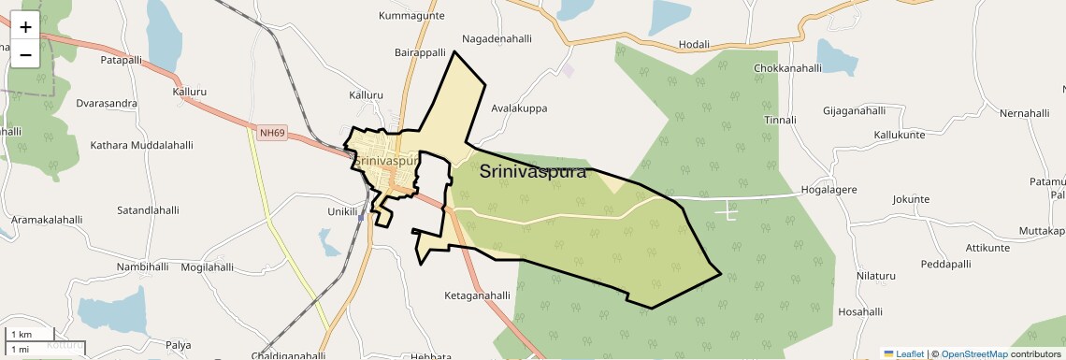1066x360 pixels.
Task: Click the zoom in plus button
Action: click(25, 26)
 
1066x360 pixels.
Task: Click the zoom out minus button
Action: click(25, 54)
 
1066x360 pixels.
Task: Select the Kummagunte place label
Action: click(412, 16)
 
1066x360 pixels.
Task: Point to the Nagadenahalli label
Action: click(497, 39)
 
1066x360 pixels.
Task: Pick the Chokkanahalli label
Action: click(787, 68)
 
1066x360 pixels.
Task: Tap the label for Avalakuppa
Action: click(519, 108)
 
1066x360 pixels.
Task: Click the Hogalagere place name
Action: click(829, 190)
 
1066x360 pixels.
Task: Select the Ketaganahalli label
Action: click(477, 295)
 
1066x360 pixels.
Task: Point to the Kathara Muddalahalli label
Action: click(141, 145)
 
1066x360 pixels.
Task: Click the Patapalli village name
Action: click(121, 59)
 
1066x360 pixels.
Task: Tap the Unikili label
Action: click(342, 211)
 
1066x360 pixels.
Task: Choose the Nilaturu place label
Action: click(876, 276)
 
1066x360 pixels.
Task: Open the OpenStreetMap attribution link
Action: click(973, 353)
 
